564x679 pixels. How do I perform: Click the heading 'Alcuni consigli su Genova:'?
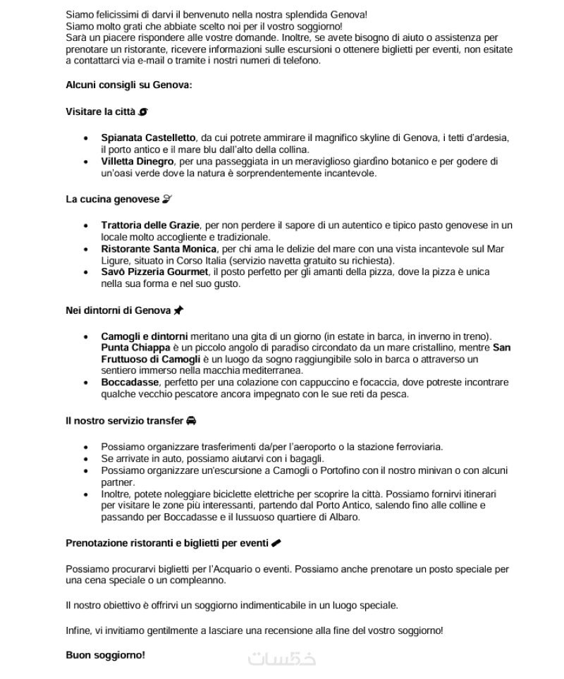[128, 85]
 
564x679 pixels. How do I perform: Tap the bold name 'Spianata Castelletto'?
[148, 138]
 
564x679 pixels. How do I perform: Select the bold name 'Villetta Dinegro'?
[137, 161]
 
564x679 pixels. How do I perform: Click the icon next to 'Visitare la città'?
[143, 111]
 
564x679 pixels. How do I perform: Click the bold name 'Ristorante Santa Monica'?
[159, 249]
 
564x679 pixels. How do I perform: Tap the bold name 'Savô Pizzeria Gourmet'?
[154, 272]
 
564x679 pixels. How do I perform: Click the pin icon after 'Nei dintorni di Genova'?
[178, 310]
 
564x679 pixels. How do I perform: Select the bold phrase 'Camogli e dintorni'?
[145, 336]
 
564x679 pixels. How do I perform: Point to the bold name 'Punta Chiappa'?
[135, 348]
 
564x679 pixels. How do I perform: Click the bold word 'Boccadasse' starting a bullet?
[129, 382]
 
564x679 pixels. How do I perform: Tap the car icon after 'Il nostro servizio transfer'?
[191, 421]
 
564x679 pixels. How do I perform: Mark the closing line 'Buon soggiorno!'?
[105, 655]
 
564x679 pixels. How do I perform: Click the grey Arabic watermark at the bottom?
[282, 659]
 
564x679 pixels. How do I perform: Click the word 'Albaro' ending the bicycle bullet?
[343, 517]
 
